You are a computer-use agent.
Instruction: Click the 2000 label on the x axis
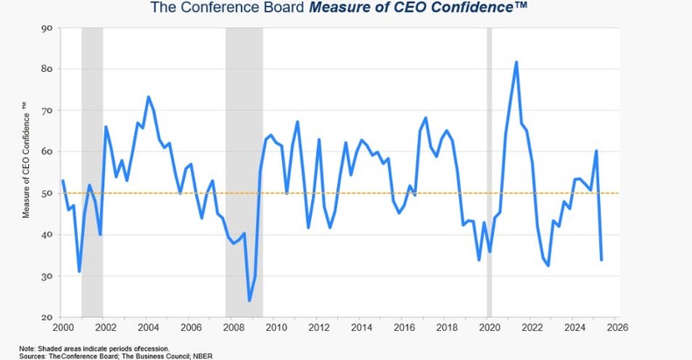coord(62,328)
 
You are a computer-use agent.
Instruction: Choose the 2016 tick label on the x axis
coord(403,328)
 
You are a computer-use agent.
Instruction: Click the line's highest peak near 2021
coord(516,62)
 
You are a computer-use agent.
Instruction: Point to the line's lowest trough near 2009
coord(250,300)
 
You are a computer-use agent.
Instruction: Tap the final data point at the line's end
coord(601,259)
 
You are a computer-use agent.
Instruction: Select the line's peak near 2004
coord(148,97)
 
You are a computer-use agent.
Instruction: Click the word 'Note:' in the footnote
coord(28,347)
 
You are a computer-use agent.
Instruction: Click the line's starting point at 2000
coord(63,181)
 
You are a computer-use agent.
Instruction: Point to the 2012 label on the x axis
coord(318,328)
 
